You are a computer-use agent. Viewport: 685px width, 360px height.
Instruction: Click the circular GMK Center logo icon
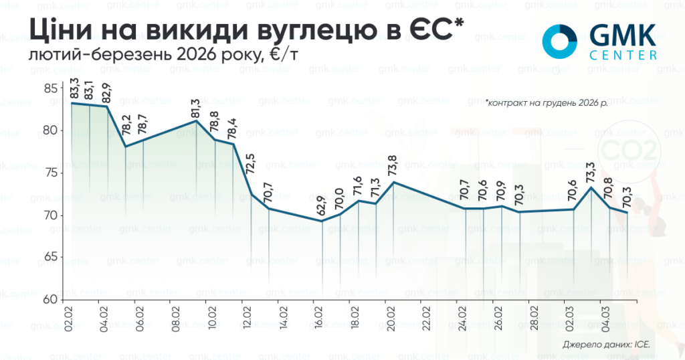pos(559,41)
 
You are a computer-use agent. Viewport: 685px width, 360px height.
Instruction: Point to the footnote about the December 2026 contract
pos(547,104)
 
